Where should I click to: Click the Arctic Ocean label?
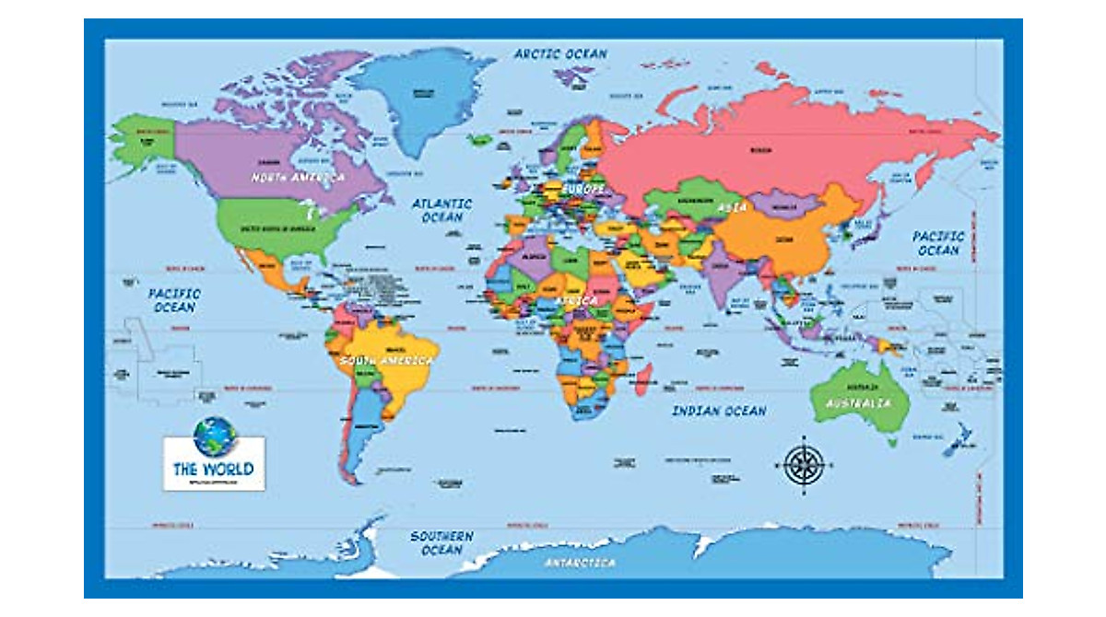pos(560,53)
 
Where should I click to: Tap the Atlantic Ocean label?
pos(441,210)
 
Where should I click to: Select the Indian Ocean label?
pos(718,411)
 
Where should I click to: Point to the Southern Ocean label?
pos(441,542)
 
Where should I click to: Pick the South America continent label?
pos(385,360)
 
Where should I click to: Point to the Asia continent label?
pos(733,208)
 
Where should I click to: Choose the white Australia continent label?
pos(858,403)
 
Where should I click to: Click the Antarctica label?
pos(581,562)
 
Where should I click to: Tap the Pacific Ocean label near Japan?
pos(937,243)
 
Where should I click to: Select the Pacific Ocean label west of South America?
pos(175,299)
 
